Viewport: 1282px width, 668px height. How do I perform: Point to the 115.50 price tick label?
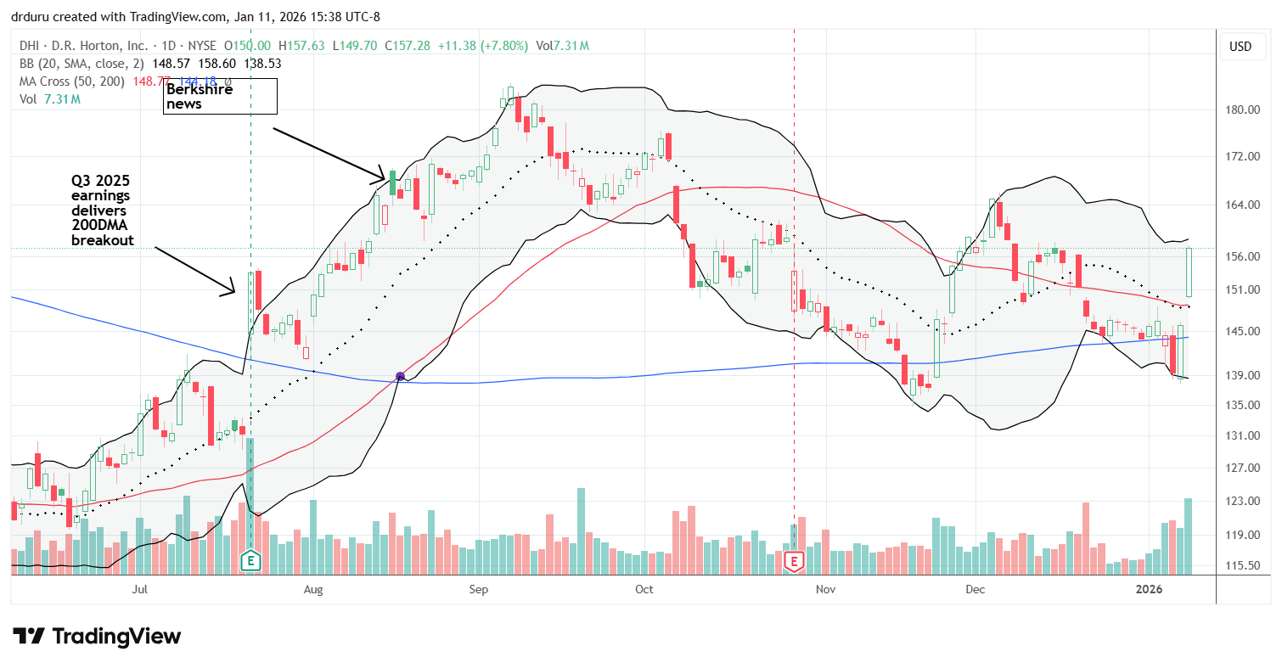coord(1241,565)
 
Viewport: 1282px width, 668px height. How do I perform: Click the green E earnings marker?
coord(250,560)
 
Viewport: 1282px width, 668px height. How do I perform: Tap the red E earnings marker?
coord(794,560)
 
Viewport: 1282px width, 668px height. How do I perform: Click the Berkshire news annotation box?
coord(220,96)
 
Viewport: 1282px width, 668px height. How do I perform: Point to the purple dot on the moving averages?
coord(400,376)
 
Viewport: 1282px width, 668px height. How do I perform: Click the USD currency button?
coord(1240,47)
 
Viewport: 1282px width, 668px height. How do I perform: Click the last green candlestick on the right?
coord(1189,272)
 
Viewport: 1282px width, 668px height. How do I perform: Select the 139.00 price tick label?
coord(1241,375)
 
